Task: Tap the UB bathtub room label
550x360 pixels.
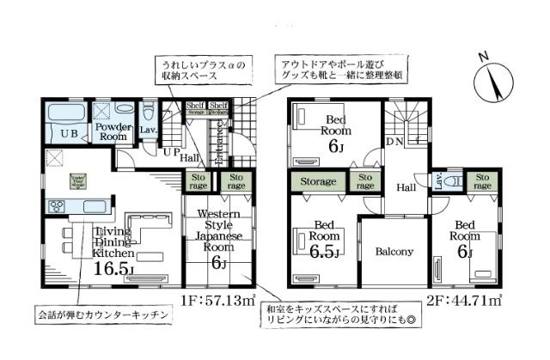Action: tap(67, 133)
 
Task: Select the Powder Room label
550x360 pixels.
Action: tap(112, 131)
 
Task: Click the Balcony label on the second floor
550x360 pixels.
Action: tap(394, 253)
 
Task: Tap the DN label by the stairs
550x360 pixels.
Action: tap(396, 141)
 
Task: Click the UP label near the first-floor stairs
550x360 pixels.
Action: tap(171, 152)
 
